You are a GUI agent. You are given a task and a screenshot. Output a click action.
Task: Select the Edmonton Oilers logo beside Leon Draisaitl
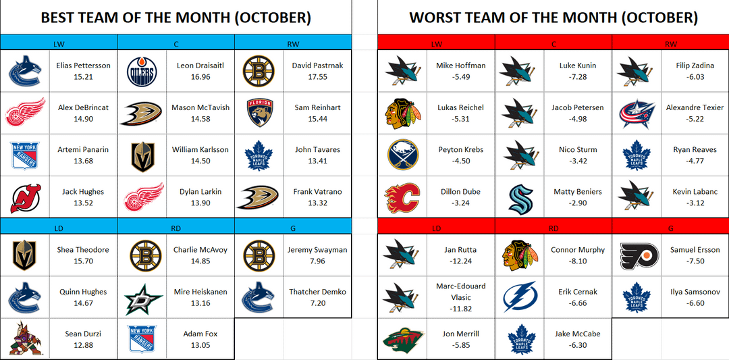pyautogui.click(x=142, y=72)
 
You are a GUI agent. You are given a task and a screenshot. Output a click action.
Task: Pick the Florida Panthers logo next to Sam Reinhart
pyautogui.click(x=259, y=113)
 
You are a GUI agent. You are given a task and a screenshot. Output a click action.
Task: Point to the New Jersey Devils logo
pyautogui.click(x=26, y=197)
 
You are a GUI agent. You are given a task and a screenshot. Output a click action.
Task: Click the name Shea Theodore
pyautogui.click(x=82, y=250)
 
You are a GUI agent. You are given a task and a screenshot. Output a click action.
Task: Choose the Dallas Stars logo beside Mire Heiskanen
pyautogui.click(x=142, y=298)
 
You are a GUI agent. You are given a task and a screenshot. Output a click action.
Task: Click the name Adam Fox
pyautogui.click(x=200, y=334)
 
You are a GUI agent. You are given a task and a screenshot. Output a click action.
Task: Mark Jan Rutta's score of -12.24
pyautogui.click(x=460, y=261)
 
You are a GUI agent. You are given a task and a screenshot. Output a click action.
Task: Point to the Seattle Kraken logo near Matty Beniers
pyautogui.click(x=520, y=197)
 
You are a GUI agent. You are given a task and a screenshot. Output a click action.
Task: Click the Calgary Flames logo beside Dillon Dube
pyautogui.click(x=402, y=197)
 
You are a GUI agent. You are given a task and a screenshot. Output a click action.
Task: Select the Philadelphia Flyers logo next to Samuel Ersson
pyautogui.click(x=637, y=255)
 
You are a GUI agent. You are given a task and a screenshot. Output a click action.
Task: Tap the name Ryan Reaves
pyautogui.click(x=695, y=150)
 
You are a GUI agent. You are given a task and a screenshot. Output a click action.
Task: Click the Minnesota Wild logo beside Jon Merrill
pyautogui.click(x=402, y=340)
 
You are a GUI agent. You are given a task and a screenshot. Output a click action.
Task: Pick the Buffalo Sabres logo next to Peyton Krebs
pyautogui.click(x=402, y=155)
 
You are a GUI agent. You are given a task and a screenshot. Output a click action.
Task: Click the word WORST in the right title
pyautogui.click(x=435, y=17)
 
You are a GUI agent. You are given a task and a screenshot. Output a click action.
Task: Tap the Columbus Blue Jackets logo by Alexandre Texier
pyautogui.click(x=637, y=113)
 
